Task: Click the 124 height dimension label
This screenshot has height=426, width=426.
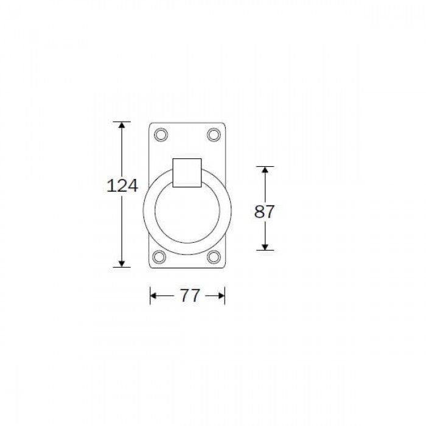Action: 122,186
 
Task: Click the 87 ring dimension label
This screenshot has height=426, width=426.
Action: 264,212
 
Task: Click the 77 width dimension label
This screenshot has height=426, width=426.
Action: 190,295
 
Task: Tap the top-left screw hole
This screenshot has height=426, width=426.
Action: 161,134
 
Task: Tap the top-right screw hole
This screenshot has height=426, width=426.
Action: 214,134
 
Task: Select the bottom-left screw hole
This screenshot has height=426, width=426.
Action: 159,257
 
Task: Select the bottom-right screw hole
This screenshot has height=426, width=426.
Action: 214,257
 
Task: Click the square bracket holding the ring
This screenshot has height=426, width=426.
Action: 187,173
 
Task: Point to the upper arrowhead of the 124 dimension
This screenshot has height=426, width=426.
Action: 122,125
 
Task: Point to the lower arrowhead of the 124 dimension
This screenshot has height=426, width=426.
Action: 122,264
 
